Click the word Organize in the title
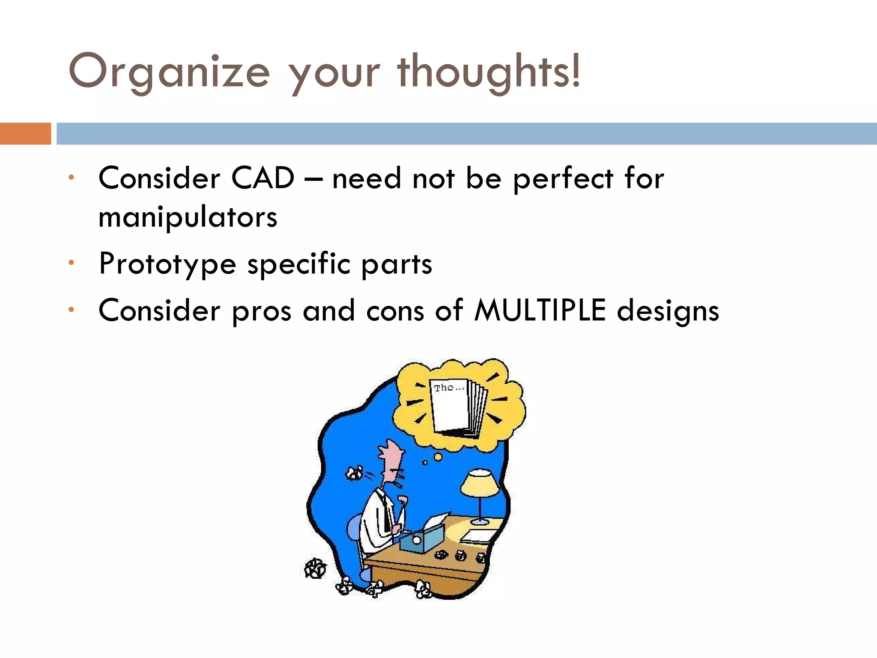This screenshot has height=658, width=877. pyautogui.click(x=169, y=72)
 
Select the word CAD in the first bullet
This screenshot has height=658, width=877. pyautogui.click(x=263, y=178)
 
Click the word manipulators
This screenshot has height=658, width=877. pyautogui.click(x=188, y=217)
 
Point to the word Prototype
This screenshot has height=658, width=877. pyautogui.click(x=167, y=264)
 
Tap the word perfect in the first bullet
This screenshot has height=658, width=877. pyautogui.click(x=563, y=179)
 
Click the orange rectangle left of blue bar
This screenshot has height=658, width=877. pyautogui.click(x=25, y=134)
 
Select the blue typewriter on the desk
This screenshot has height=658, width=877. pyautogui.click(x=422, y=538)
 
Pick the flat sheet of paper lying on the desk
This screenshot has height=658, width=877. pyautogui.click(x=477, y=535)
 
